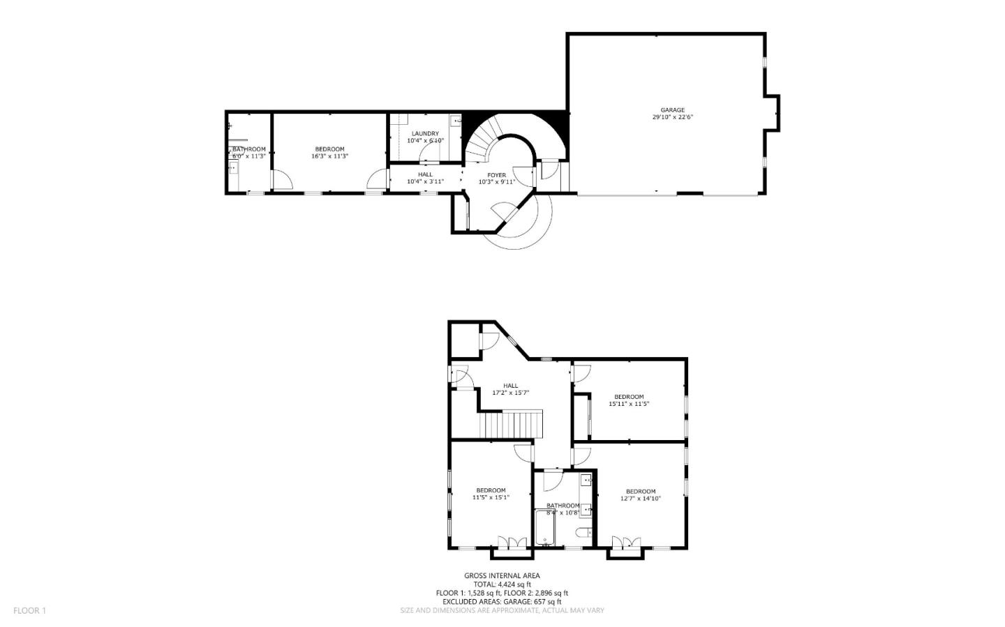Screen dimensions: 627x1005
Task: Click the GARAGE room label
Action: [x=672, y=110]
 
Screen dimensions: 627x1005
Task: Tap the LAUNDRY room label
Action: [x=425, y=133]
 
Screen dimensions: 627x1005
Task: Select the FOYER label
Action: [x=496, y=175]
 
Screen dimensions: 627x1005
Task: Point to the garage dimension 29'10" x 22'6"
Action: [x=672, y=117]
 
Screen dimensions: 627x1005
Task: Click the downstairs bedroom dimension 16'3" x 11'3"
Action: [x=329, y=156]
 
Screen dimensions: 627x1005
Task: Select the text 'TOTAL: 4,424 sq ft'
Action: [x=502, y=584]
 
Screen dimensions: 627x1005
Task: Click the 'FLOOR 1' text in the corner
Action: [x=29, y=610]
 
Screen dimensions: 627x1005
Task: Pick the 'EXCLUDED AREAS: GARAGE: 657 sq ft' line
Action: [x=502, y=601]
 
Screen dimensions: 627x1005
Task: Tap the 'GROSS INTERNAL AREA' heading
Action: [x=502, y=575]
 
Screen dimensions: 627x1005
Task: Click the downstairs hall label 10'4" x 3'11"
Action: [x=425, y=178]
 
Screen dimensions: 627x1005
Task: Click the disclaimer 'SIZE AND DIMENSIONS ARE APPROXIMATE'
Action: [x=502, y=610]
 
